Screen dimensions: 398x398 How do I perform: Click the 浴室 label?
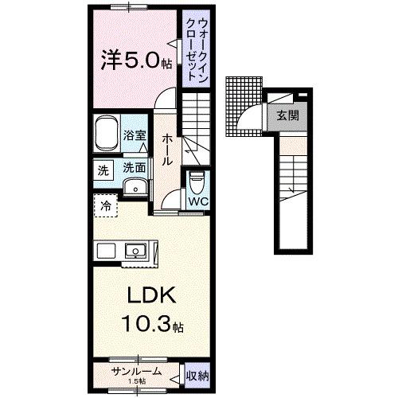click(x=135, y=136)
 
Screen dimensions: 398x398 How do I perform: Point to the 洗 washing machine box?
click(x=103, y=169)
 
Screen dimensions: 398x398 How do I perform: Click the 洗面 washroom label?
click(x=134, y=168)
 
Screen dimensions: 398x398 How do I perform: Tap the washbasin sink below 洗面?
click(x=135, y=188)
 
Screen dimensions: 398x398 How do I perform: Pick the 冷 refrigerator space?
click(x=106, y=205)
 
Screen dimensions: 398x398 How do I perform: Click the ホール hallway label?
click(x=167, y=149)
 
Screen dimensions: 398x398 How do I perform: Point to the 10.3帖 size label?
click(x=152, y=326)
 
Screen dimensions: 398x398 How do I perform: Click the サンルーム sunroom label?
click(x=136, y=371)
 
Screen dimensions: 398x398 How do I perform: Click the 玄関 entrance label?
click(x=288, y=114)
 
